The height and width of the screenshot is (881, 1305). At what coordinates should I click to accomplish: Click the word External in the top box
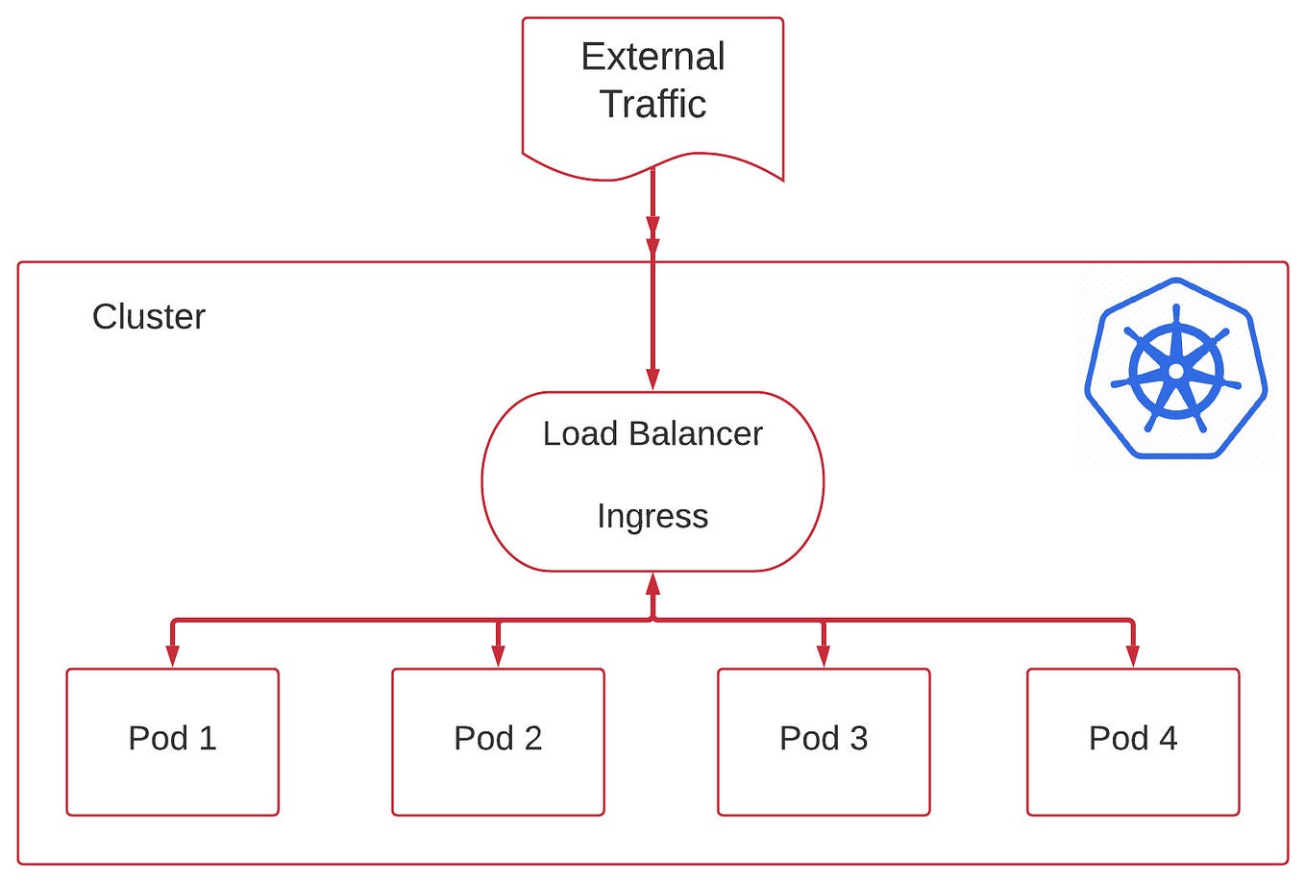coord(652,57)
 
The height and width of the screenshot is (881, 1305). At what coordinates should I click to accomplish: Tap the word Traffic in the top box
coord(652,104)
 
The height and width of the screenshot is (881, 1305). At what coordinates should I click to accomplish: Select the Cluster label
coord(148,316)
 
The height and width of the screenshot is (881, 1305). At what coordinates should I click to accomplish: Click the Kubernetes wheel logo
coord(1175,368)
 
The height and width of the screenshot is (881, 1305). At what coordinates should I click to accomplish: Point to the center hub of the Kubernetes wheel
coord(1175,371)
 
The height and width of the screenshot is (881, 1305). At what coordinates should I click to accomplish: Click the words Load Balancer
coord(652,433)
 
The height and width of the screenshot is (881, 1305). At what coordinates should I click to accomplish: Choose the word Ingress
coord(652,516)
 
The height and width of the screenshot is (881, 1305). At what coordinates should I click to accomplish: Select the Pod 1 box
coord(172,742)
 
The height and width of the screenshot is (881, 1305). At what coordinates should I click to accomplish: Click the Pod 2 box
coord(498,742)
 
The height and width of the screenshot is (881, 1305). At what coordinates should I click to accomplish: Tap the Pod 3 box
coord(824,742)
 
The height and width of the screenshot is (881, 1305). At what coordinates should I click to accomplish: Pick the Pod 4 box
coord(1133,742)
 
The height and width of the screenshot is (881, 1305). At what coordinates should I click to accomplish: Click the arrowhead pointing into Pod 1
coord(172,656)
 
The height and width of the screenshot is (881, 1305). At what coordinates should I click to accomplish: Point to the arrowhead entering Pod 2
coord(498,656)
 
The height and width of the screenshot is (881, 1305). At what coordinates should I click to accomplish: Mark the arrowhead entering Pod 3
coord(824,656)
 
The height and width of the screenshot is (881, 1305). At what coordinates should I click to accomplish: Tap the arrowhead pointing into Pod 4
coord(1133,656)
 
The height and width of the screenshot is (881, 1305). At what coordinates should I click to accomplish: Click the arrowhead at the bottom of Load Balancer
coord(652,583)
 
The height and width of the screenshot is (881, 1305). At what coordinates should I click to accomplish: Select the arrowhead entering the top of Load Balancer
coord(652,379)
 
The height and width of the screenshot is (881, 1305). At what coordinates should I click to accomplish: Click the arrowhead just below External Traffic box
coord(652,229)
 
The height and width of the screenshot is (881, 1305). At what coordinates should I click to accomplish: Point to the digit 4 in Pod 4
coord(1168,738)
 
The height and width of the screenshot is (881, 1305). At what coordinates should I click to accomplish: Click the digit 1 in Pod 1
coord(208,738)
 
